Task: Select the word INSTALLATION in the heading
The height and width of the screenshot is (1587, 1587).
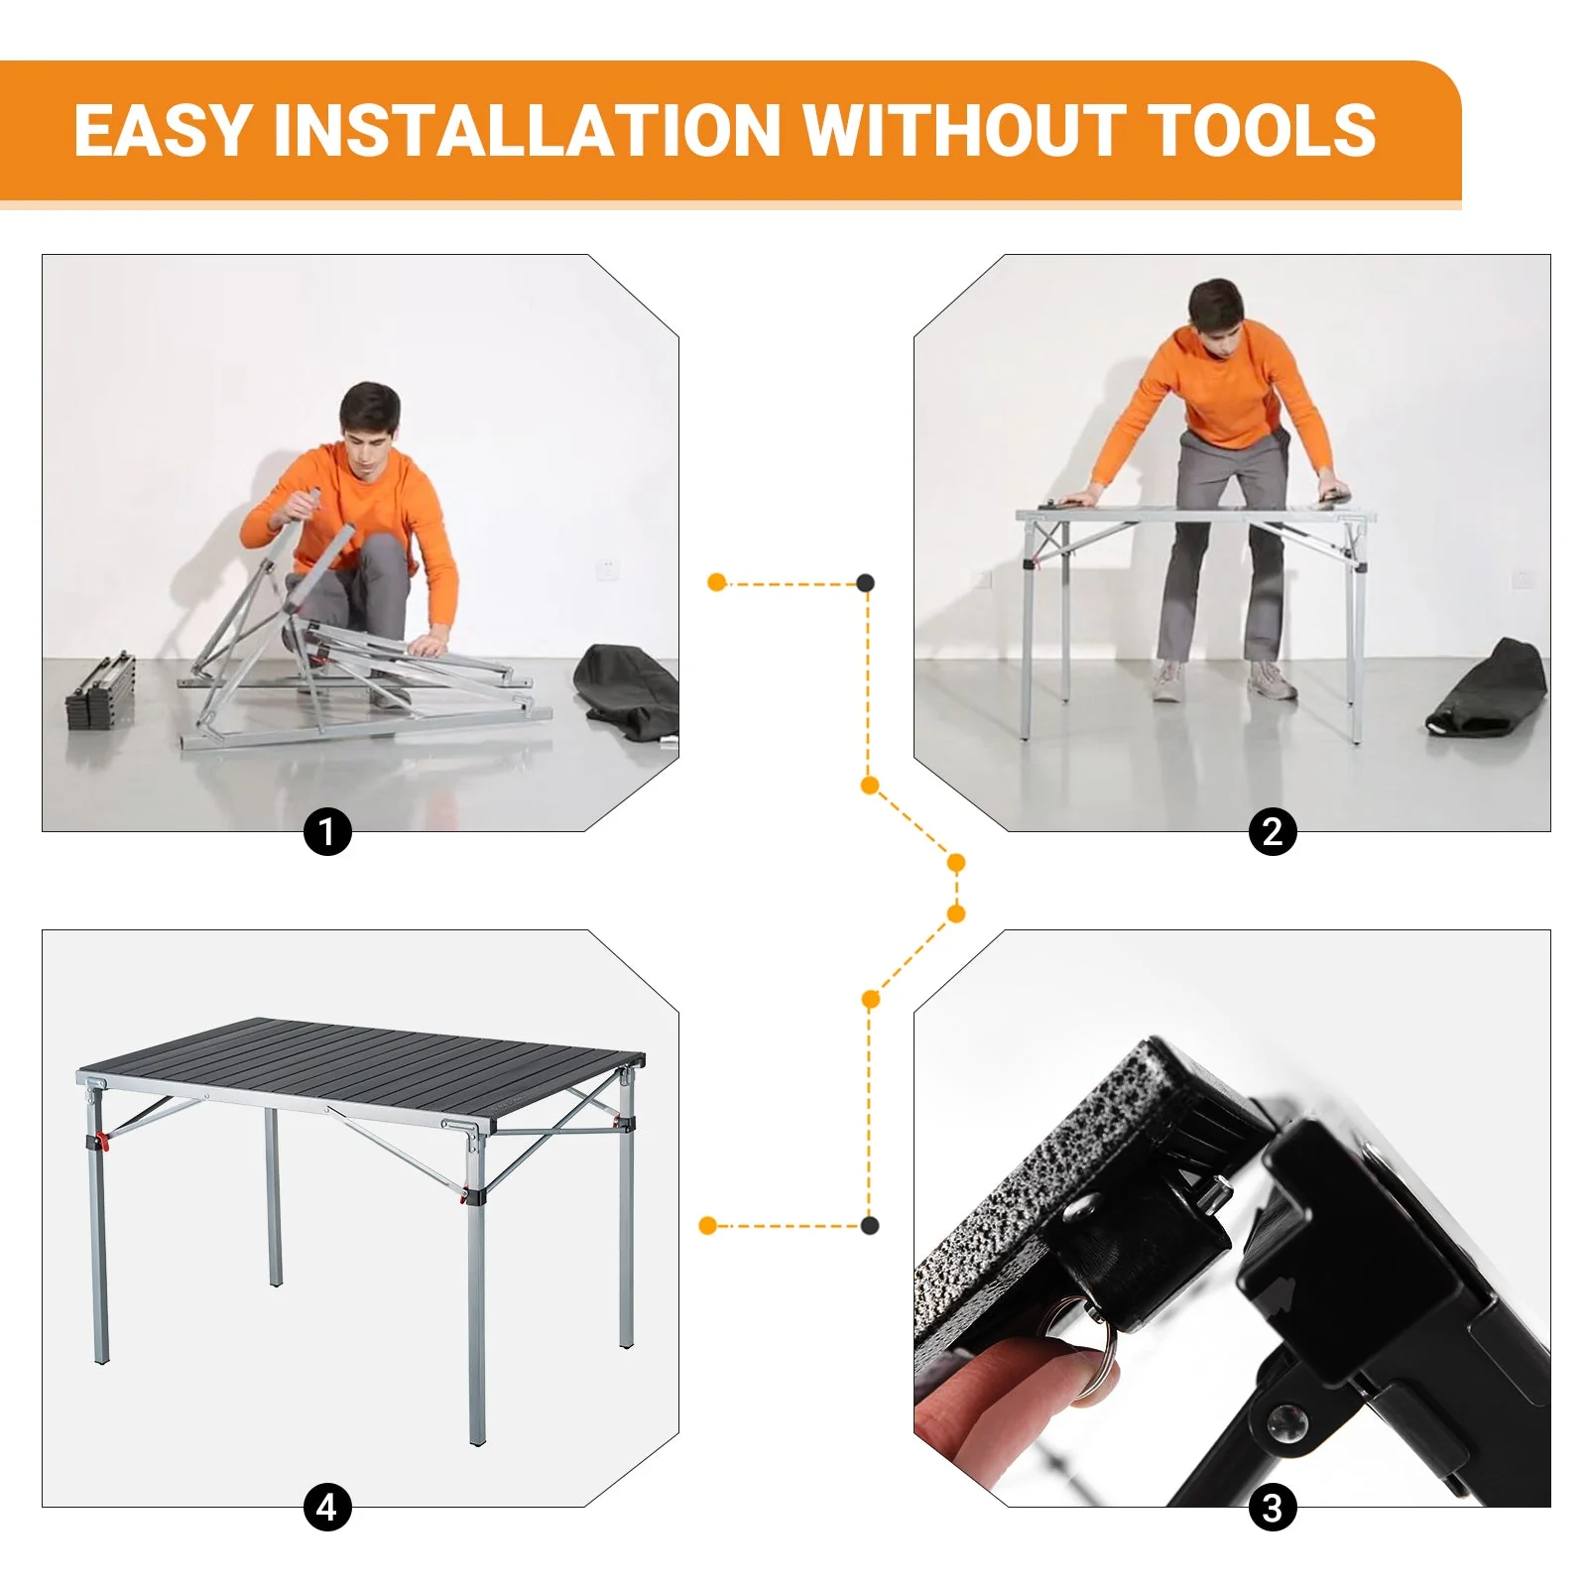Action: pyautogui.click(x=527, y=131)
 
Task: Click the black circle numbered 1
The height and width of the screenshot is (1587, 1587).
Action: pyautogui.click(x=327, y=831)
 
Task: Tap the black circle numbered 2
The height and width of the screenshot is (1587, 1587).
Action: pyautogui.click(x=1273, y=831)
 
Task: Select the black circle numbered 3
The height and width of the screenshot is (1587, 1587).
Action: pyautogui.click(x=1273, y=1508)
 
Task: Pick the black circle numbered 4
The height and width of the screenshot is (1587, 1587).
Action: pyautogui.click(x=327, y=1508)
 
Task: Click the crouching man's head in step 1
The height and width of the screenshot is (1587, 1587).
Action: pyautogui.click(x=369, y=417)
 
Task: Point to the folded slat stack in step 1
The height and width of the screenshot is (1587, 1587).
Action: pyautogui.click(x=101, y=690)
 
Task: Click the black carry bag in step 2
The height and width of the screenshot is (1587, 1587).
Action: pyautogui.click(x=1488, y=689)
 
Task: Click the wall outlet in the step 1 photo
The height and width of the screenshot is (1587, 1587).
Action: pyautogui.click(x=607, y=569)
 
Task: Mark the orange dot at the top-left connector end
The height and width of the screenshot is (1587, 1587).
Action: pyautogui.click(x=717, y=582)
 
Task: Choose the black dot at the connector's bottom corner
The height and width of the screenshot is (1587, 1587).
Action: pyautogui.click(x=870, y=1226)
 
